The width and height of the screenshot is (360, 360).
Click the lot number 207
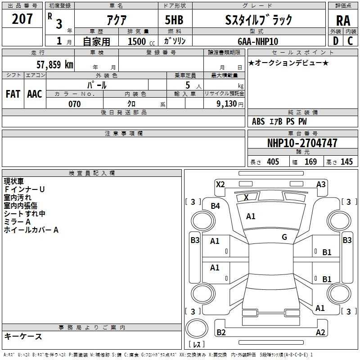22,19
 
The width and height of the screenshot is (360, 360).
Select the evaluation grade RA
343,21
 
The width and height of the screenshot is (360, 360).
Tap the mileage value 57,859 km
55,64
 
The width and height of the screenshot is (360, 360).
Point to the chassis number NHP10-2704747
302,143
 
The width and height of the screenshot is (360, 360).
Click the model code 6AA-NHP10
258,41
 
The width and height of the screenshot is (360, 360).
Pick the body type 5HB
174,20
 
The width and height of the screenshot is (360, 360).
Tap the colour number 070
75,104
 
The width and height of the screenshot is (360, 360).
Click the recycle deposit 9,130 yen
230,104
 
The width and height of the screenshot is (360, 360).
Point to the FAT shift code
13,94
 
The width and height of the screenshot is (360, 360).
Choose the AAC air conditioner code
35,94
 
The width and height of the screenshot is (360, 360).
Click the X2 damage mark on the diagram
220,184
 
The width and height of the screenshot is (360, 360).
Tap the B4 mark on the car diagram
216,206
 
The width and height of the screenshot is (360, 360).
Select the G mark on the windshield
284,237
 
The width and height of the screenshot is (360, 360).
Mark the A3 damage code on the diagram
321,184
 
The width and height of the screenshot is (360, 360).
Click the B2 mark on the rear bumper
221,332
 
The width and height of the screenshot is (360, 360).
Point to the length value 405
273,162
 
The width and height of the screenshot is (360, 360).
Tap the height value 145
346,162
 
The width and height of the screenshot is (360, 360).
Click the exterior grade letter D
336,41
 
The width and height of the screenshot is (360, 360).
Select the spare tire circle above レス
197,328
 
